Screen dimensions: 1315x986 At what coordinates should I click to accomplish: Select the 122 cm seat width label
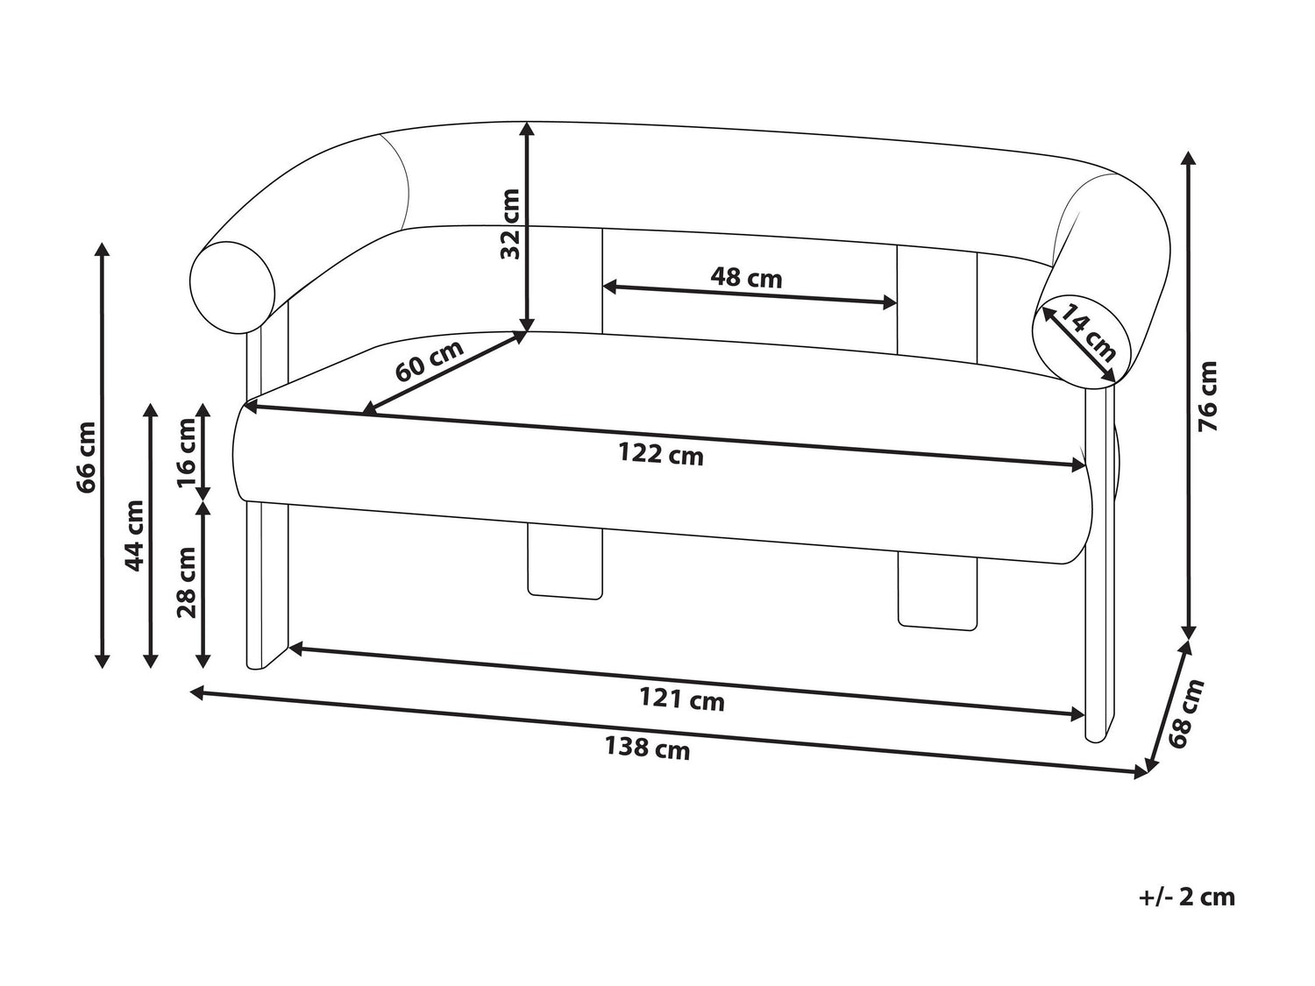click(x=661, y=454)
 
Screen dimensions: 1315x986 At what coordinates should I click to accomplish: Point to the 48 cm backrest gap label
click(x=746, y=278)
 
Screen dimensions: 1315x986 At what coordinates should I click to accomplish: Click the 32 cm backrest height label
click(x=510, y=223)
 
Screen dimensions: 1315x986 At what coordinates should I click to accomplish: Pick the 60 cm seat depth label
click(x=430, y=361)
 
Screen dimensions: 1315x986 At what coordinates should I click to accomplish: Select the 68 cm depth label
click(x=1184, y=713)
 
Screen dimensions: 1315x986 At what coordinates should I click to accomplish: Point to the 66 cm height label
click(x=86, y=458)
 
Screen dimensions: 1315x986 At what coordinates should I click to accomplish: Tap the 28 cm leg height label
click(x=187, y=582)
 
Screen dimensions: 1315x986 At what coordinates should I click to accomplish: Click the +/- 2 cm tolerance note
click(x=1187, y=914)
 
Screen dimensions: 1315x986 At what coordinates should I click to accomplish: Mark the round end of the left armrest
click(x=232, y=287)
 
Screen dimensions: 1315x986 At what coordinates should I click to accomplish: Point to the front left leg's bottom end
click(x=257, y=668)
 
